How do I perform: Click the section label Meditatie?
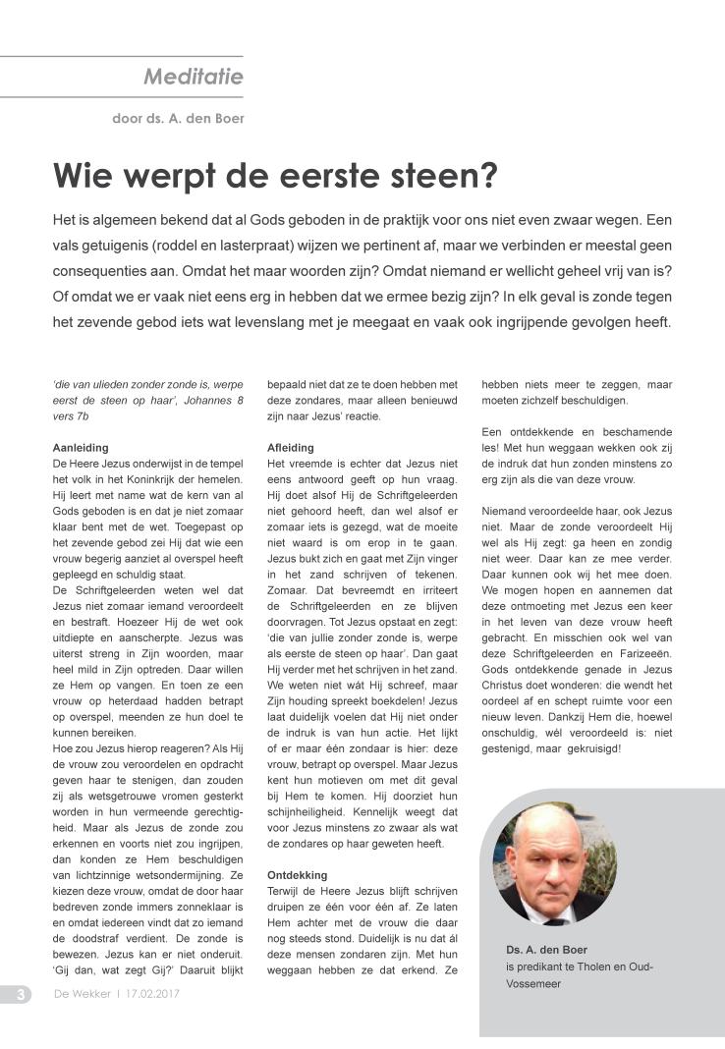coord(193,76)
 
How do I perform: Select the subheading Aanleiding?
coord(81,447)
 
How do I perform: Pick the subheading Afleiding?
coord(291,447)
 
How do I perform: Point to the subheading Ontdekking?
coord(298,874)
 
